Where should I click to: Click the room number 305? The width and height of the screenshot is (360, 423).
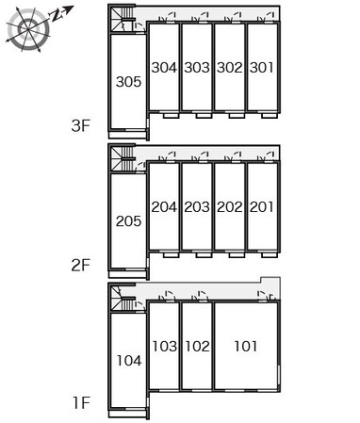(x=128, y=82)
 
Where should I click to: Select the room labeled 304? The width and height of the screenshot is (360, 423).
(x=164, y=68)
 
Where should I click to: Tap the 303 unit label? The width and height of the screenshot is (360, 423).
(x=197, y=68)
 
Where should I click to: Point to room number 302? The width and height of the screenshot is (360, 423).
(x=230, y=68)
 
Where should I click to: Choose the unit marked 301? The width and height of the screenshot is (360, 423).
(x=261, y=68)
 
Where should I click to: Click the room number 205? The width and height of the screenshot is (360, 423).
(x=128, y=221)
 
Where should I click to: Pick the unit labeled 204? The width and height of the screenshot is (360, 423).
(x=164, y=207)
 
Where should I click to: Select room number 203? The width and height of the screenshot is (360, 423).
(x=197, y=207)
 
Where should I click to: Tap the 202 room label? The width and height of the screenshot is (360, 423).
(x=230, y=207)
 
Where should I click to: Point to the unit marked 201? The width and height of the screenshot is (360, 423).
(x=261, y=207)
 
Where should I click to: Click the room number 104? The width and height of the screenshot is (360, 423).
(x=129, y=361)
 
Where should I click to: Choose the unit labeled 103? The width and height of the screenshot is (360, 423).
(x=165, y=346)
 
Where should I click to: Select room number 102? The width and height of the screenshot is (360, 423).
(x=197, y=346)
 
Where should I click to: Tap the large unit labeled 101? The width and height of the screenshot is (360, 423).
(x=246, y=346)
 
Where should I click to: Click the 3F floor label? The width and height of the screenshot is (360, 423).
(x=80, y=126)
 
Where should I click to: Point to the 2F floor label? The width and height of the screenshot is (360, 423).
(x=80, y=266)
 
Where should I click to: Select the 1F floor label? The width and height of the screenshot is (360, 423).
(x=82, y=403)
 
